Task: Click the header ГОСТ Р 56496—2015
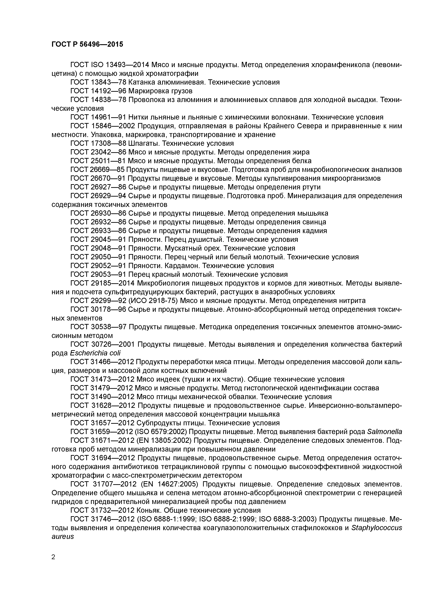coord(87,44)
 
